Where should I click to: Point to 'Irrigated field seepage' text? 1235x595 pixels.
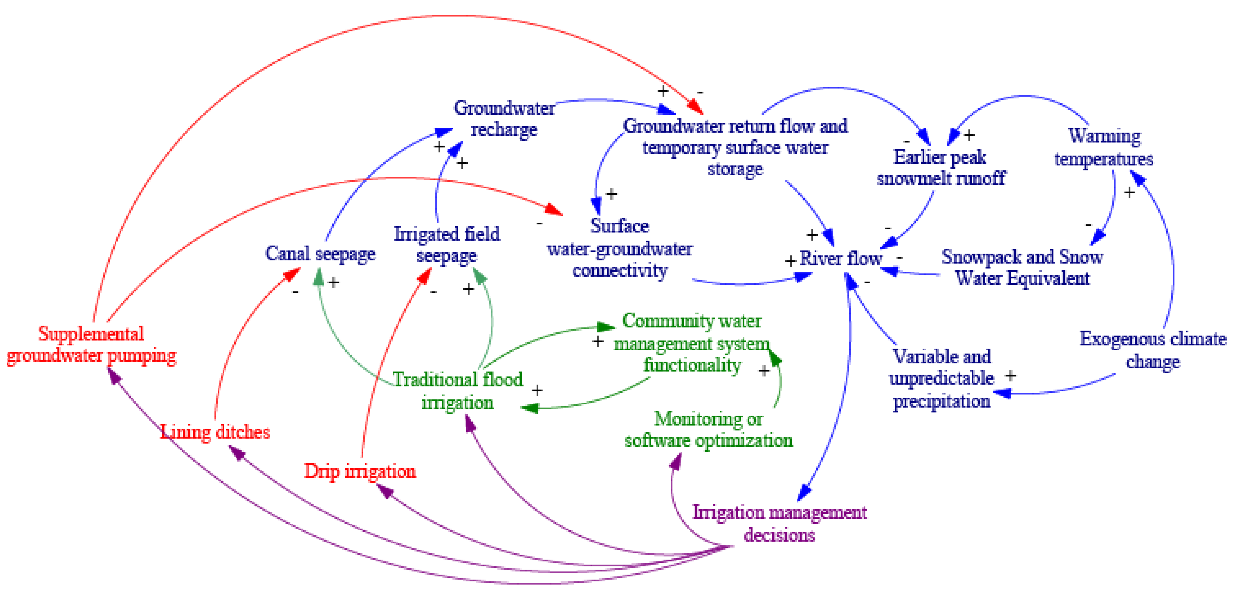(447, 245)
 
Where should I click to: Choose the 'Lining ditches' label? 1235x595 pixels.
(215, 432)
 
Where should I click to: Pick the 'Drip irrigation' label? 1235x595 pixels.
(360, 471)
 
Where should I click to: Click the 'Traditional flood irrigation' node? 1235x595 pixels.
(458, 391)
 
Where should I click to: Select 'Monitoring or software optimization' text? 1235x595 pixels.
(708, 429)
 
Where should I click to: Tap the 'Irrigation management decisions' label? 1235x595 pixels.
(779, 523)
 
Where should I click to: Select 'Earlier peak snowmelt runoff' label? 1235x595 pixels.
(940, 168)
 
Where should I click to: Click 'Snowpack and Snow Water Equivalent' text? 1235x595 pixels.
(1022, 267)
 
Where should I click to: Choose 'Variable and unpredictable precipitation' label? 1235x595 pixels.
(941, 379)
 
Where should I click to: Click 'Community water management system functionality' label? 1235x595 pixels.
(692, 343)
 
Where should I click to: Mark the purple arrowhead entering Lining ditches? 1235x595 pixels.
(237, 452)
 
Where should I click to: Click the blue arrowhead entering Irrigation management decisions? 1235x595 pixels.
(804, 492)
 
